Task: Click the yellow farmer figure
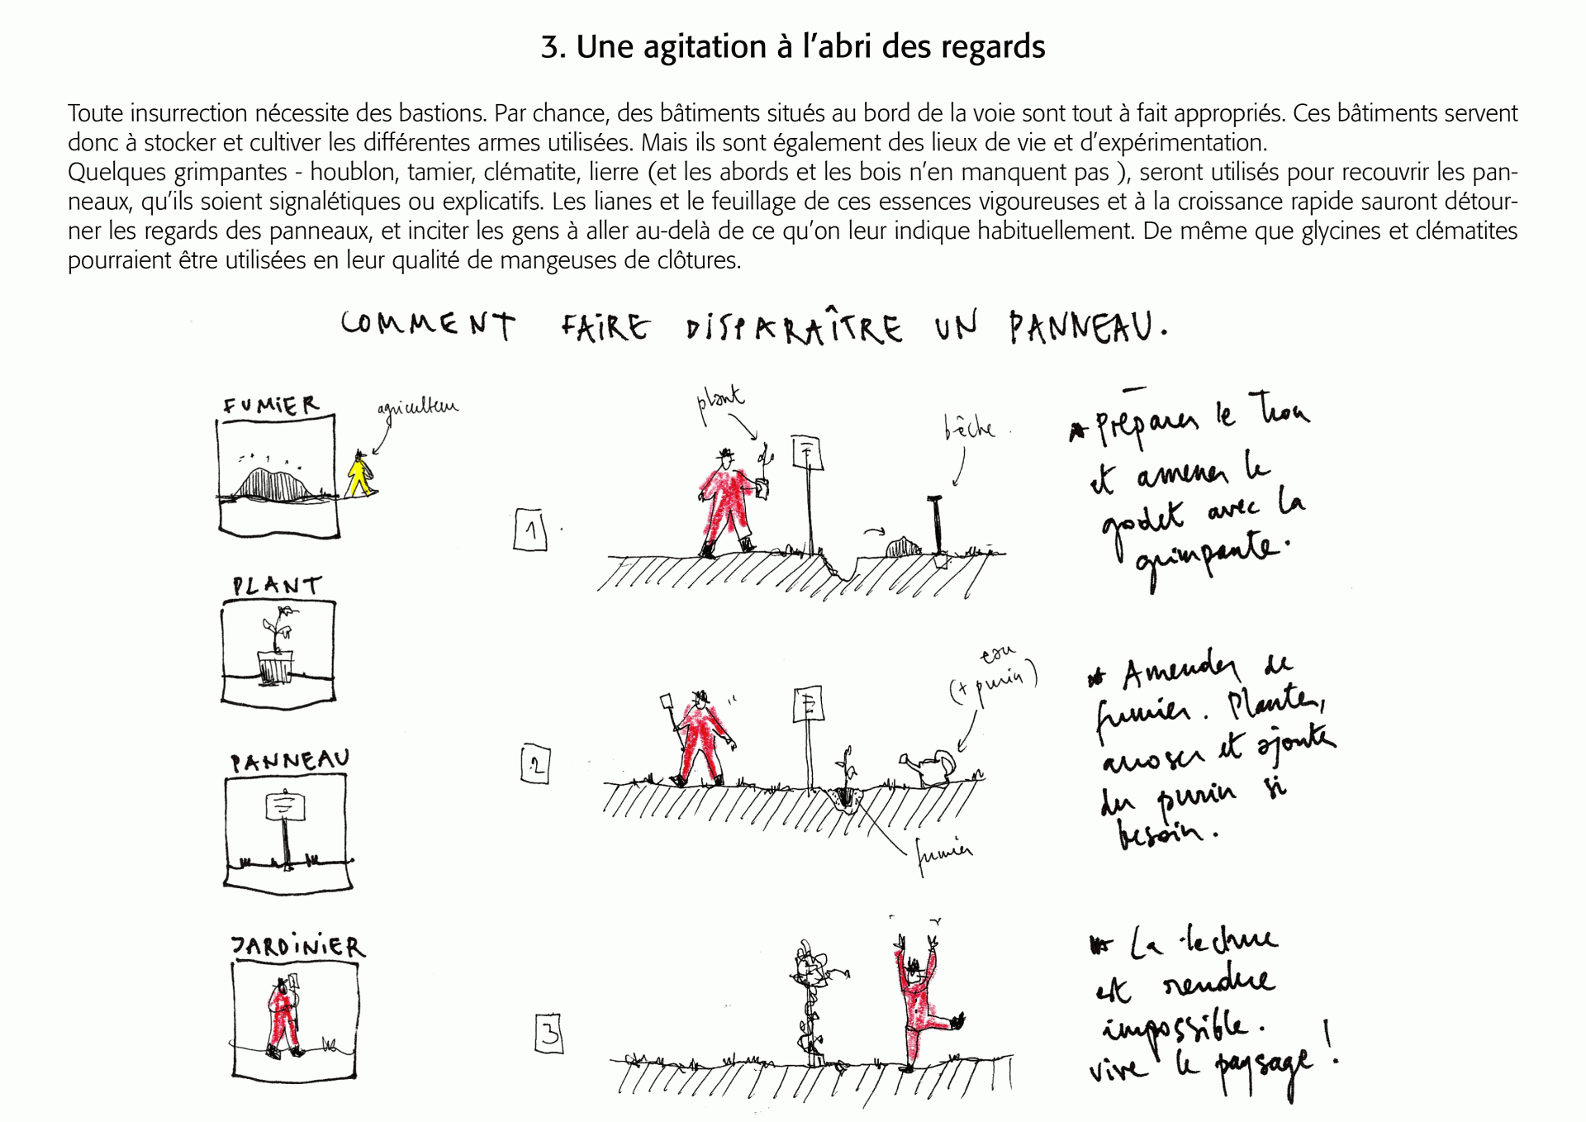click(x=359, y=475)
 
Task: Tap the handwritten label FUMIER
click(x=270, y=406)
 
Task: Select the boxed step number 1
click(x=530, y=530)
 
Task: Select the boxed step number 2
click(x=535, y=764)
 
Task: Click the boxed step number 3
click(x=549, y=1034)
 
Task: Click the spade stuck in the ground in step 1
click(x=937, y=525)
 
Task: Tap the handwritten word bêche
click(x=969, y=428)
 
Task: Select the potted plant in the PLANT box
click(x=276, y=649)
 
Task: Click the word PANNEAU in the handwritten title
click(x=1082, y=327)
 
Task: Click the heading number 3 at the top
click(x=552, y=47)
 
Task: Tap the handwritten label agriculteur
click(x=417, y=408)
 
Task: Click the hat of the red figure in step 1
click(x=726, y=454)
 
